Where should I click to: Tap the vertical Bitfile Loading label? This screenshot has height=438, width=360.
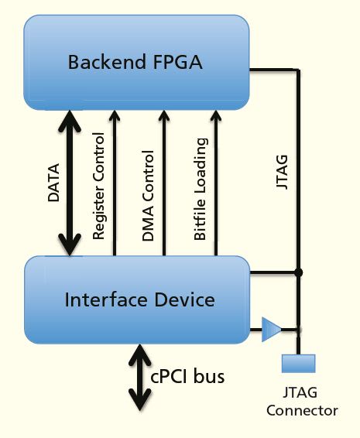click(x=201, y=189)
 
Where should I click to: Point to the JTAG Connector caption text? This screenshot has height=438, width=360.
click(x=302, y=402)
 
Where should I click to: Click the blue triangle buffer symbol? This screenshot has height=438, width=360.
click(x=271, y=329)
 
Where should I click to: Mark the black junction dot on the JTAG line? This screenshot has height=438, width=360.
click(x=299, y=272)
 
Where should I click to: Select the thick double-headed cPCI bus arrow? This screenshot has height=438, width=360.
click(x=140, y=377)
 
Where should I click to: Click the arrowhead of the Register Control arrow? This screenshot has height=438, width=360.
click(x=115, y=118)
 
